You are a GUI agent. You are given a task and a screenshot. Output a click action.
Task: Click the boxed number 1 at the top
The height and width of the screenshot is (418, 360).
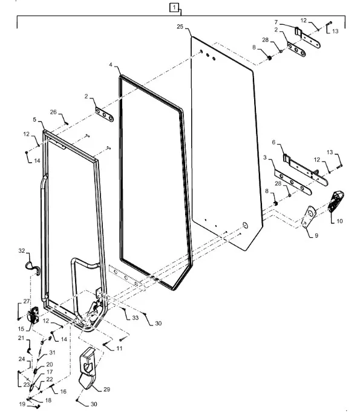coord(174,7)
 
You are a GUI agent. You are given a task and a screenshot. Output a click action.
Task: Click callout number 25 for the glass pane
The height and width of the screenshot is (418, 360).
coord(180,27)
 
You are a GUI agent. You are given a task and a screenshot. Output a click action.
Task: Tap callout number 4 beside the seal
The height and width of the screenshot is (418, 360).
coord(111,65)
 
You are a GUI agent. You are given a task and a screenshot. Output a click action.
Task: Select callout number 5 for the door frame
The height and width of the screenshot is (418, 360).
coord(34,119)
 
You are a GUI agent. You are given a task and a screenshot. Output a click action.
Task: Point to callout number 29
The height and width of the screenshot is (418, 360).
coord(106,389)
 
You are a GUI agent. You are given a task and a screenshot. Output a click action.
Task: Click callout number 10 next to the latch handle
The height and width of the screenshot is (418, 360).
coord(339,221)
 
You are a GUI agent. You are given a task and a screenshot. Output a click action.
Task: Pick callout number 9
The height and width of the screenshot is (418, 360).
coord(316,235)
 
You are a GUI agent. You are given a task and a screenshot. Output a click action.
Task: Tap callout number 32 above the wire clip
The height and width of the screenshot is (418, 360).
coord(22,250)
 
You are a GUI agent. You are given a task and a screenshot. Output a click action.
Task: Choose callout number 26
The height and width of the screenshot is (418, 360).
coord(53,112)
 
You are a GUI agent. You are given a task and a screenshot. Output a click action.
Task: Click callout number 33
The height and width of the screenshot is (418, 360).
coord(136,318)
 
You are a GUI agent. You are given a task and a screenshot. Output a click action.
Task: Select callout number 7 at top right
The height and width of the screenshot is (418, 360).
coord(276,22)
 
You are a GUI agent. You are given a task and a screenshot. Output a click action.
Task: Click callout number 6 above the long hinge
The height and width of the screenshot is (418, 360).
coord(273,142)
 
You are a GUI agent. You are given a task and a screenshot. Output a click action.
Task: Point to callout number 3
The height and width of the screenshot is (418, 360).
coord(265,157)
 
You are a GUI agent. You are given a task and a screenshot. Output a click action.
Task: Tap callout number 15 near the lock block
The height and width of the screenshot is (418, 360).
coord(21,328)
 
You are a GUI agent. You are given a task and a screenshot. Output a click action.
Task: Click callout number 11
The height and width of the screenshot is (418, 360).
coord(119,348)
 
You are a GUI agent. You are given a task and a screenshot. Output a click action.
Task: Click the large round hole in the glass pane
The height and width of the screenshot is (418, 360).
coord(245,226)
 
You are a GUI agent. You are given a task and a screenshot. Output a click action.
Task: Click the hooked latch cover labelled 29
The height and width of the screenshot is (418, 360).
coord(87,368)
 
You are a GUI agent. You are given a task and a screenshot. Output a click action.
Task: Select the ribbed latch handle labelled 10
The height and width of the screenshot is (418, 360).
coord(336,201)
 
